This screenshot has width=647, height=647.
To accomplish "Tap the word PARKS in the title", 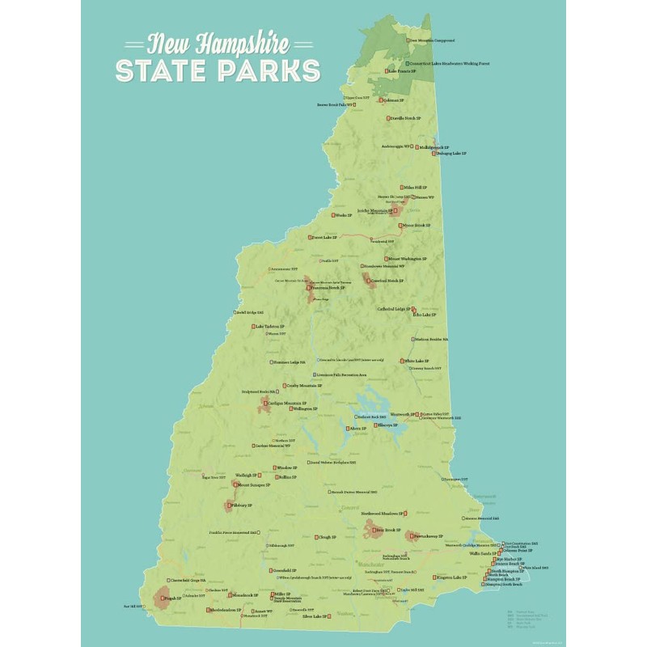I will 260,70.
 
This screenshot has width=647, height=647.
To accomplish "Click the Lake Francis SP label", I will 404,71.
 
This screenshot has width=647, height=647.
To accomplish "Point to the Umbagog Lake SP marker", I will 433,153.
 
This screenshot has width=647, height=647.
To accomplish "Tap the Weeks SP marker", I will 332,215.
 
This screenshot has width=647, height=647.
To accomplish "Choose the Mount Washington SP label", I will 409,259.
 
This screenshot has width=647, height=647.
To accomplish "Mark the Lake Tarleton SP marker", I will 252,327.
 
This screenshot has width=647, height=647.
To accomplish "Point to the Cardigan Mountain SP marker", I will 265,403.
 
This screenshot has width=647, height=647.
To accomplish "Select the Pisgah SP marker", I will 160,599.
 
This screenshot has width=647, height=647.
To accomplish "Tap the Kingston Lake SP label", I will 453,577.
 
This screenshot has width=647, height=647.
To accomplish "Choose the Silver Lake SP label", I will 315,616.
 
